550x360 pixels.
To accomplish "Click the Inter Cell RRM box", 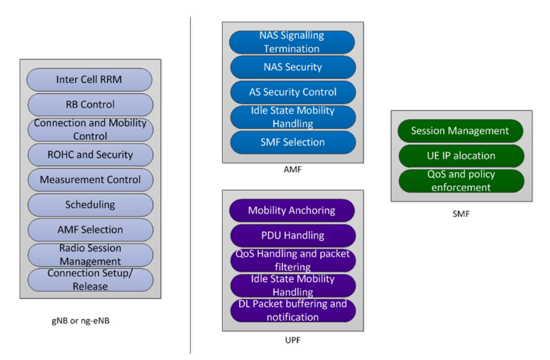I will point(90,79).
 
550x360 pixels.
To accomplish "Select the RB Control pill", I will point(90,105).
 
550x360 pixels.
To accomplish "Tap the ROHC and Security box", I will point(90,155).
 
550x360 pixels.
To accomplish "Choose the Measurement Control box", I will point(90,180).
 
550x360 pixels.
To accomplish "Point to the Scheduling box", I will point(90,205).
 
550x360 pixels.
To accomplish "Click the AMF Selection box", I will point(90,230).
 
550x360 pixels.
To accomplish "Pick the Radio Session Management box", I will point(90,254).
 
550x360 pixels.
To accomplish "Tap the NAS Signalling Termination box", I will point(292,42).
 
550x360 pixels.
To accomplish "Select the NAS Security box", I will point(292,67).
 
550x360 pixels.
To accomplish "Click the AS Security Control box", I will point(292,92).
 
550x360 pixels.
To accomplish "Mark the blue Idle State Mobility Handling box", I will point(292,117).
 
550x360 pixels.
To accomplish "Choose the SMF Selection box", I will point(292,142).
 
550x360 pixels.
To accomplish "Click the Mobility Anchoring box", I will point(292,210).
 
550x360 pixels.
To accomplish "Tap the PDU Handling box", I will point(292,235).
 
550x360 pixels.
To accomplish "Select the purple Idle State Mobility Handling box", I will point(292,285).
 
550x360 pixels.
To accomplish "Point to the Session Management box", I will point(460,130).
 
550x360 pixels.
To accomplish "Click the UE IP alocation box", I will point(460,155).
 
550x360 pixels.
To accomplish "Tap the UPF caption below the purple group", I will point(293,340).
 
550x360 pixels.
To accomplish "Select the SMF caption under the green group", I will point(461,214).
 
